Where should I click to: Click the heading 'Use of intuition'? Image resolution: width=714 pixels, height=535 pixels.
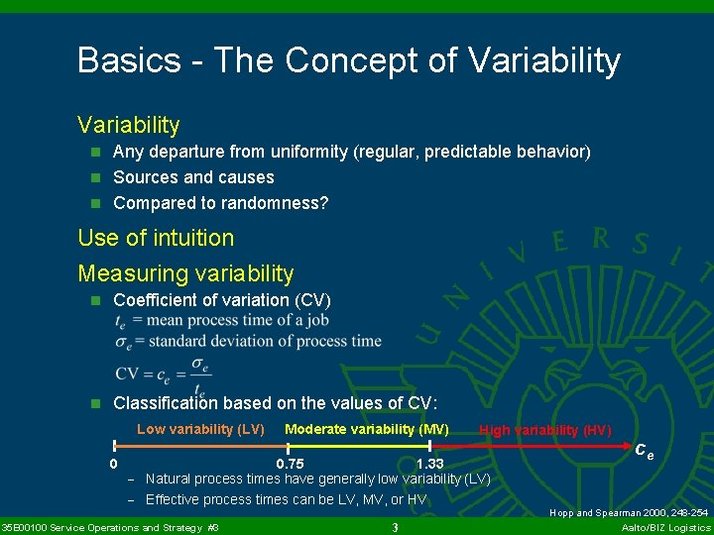pyautogui.click(x=156, y=238)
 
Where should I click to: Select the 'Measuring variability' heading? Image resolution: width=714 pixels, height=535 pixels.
pyautogui.click(x=185, y=272)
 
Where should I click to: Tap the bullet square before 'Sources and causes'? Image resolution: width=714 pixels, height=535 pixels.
pyautogui.click(x=96, y=178)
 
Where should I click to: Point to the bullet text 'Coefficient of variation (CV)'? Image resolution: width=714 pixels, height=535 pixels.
pyautogui.click(x=222, y=300)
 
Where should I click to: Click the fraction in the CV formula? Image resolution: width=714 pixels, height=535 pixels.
pyautogui.click(x=199, y=374)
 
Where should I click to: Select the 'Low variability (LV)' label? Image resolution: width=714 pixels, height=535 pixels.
pyautogui.click(x=199, y=429)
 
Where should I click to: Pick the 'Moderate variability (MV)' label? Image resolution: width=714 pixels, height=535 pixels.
pyautogui.click(x=366, y=429)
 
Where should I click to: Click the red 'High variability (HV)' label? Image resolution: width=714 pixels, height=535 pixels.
pyautogui.click(x=544, y=430)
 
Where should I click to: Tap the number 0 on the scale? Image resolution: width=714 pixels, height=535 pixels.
pyautogui.click(x=114, y=464)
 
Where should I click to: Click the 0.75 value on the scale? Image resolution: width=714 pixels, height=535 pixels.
pyautogui.click(x=290, y=464)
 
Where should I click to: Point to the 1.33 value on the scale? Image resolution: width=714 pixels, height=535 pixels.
pyautogui.click(x=430, y=464)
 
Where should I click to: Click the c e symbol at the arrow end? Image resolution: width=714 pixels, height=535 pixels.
pyautogui.click(x=644, y=451)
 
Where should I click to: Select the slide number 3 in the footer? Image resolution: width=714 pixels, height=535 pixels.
pyautogui.click(x=395, y=526)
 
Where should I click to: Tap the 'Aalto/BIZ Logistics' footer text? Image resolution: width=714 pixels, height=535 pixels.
pyautogui.click(x=664, y=527)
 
